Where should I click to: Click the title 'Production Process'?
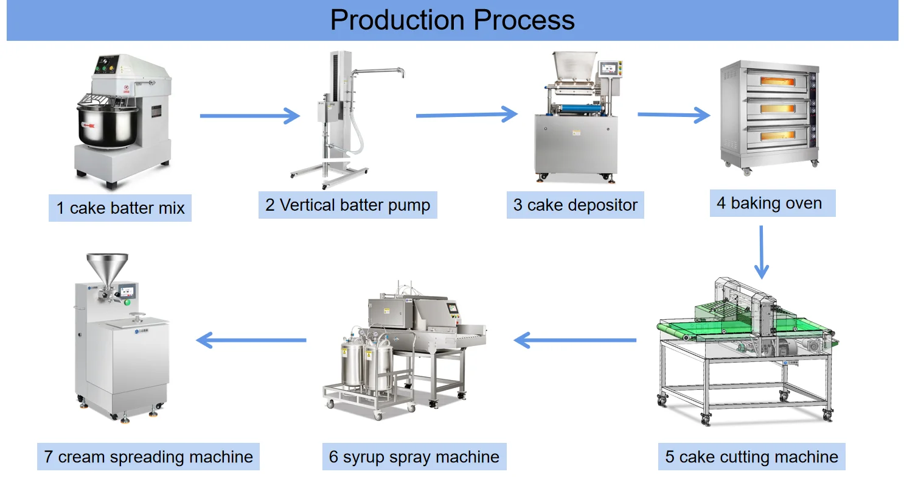pos(452,20)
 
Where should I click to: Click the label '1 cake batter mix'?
pos(120,208)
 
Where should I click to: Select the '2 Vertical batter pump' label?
pos(347,205)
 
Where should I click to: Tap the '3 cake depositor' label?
pos(575,205)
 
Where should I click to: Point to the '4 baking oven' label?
pos(771,203)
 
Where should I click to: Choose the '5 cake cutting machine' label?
pos(751,456)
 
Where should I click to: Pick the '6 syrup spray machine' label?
pos(414,456)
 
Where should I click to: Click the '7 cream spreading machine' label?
pos(148,456)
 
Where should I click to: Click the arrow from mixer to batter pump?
pos(249,116)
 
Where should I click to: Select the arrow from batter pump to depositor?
pos(466,114)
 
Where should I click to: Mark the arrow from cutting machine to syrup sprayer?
pos(575,340)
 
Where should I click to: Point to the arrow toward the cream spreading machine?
pos(251,340)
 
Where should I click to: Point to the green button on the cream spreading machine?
pos(128,302)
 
